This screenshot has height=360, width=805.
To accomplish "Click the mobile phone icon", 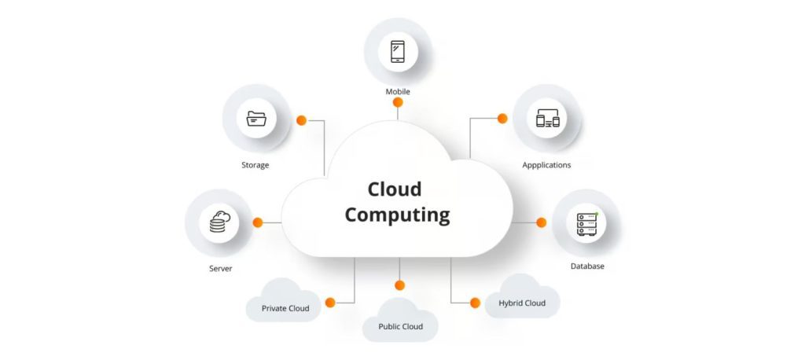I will [x=398, y=52].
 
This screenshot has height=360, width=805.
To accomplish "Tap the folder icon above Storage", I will [x=256, y=119].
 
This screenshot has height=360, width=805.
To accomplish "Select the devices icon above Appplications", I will [x=547, y=119].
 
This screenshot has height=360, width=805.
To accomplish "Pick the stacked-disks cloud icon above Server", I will [x=219, y=222].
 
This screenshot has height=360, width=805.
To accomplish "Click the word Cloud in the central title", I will [x=395, y=189].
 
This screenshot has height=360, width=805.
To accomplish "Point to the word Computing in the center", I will [x=397, y=215].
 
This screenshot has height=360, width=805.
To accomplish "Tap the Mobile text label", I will [x=398, y=92].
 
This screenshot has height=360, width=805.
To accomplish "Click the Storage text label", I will [x=255, y=165].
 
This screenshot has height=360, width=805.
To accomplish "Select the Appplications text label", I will [x=546, y=165].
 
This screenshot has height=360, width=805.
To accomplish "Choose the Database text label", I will [x=587, y=266].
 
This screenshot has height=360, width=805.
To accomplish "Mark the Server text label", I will [x=220, y=269].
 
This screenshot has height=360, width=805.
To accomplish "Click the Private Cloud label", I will [x=285, y=308].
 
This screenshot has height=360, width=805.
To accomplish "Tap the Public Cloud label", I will [x=400, y=326].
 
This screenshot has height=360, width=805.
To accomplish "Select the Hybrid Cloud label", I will [x=522, y=303].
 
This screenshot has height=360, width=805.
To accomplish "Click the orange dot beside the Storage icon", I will [x=301, y=120].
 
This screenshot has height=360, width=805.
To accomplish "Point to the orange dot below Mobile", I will [x=398, y=103].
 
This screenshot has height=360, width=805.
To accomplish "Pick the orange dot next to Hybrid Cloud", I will [x=475, y=303].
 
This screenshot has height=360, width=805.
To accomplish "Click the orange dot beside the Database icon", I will [x=541, y=222].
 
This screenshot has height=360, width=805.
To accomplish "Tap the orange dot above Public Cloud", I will [x=399, y=285].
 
